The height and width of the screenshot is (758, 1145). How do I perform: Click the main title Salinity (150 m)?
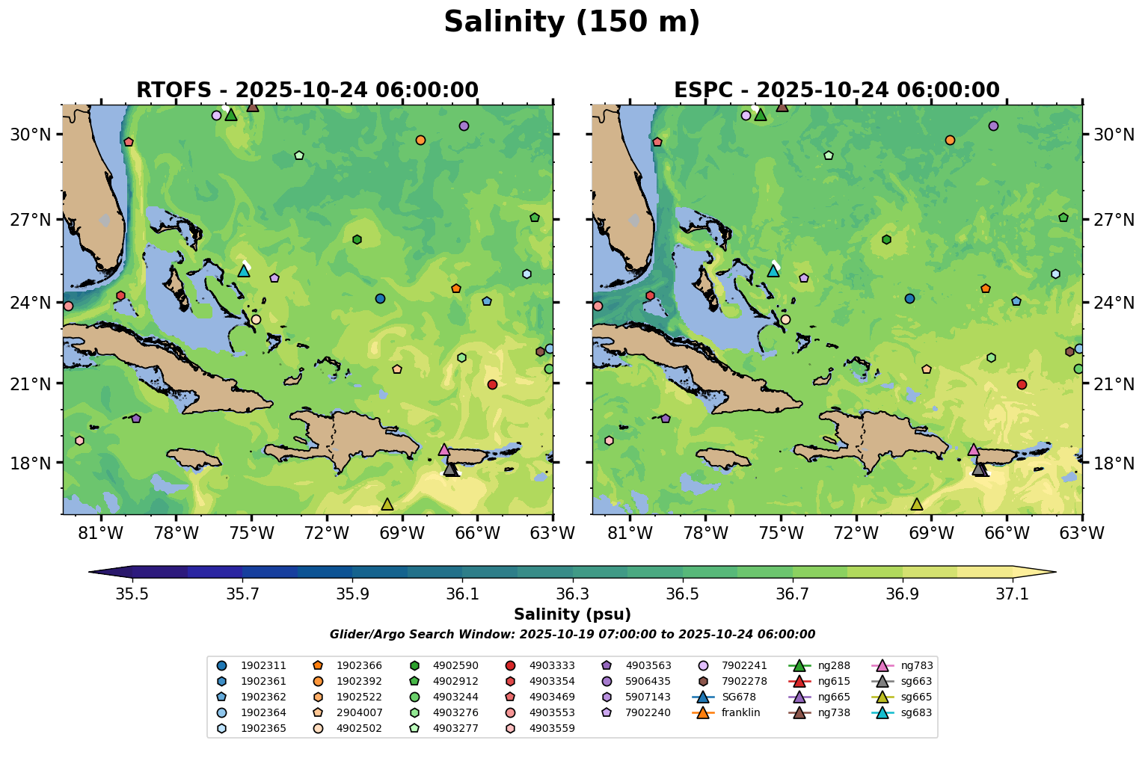pyautogui.click(x=571, y=22)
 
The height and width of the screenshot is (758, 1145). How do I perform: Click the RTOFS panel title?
pyautogui.click(x=307, y=90)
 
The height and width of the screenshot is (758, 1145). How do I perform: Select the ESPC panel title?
pyautogui.click(x=836, y=90)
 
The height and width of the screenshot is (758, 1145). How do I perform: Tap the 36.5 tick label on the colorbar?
pyautogui.click(x=682, y=594)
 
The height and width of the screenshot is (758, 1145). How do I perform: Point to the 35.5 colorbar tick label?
pyautogui.click(x=132, y=594)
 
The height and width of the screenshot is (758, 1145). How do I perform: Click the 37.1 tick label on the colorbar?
pyautogui.click(x=1013, y=594)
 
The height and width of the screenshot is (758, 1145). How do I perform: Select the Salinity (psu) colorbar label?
pyautogui.click(x=572, y=614)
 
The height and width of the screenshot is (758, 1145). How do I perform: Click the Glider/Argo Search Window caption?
pyautogui.click(x=572, y=635)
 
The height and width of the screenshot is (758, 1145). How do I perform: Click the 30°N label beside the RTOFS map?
pyautogui.click(x=31, y=135)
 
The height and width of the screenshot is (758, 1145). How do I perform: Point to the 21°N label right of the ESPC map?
pyautogui.click(x=1113, y=384)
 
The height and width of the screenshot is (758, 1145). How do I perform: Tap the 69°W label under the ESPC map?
pyautogui.click(x=931, y=532)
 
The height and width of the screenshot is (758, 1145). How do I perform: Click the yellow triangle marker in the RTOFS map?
pyautogui.click(x=387, y=505)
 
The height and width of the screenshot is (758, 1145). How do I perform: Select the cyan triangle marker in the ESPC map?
pyautogui.click(x=773, y=271)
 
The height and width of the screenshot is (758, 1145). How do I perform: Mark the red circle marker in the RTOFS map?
pyautogui.click(x=492, y=384)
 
